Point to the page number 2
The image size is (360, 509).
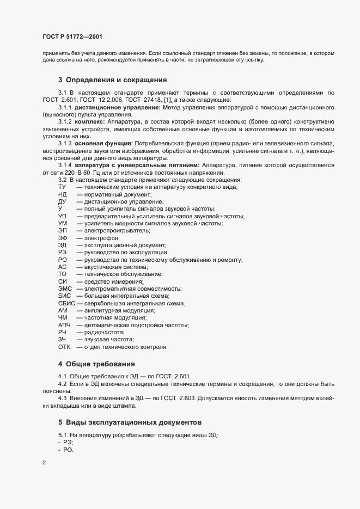coord(44,463)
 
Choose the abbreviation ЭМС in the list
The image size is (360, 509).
coord(65,289)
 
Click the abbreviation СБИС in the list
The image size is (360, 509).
coord(66,303)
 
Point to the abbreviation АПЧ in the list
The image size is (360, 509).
coord(64,325)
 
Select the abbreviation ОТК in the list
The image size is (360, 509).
coord(64,347)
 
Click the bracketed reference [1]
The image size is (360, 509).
coord(206,100)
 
